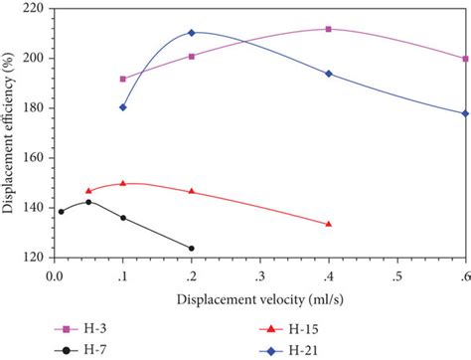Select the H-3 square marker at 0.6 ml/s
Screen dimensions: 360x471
[465, 59]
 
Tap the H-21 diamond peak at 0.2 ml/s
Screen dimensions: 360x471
[192, 33]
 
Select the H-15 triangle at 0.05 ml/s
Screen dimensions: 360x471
[88, 191]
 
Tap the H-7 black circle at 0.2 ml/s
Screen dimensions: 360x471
[192, 249]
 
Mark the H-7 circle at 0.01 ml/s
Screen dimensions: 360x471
[62, 211]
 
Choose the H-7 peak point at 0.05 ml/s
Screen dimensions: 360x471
[88, 202]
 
